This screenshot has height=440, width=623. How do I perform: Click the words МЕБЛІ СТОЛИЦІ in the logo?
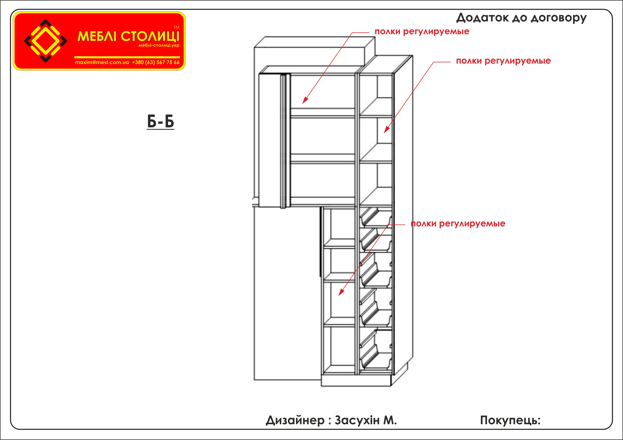(129, 36)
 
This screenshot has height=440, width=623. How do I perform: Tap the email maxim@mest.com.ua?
(102, 62)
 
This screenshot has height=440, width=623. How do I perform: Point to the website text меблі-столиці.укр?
(159, 45)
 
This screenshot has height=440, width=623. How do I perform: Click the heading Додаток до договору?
(521, 18)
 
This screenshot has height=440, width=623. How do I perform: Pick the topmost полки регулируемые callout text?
(422, 31)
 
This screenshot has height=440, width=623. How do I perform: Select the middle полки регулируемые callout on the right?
(503, 61)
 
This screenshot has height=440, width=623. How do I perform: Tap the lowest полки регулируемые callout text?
(458, 224)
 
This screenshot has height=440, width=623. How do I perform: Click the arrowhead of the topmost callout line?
(305, 100)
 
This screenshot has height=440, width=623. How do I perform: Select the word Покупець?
(510, 420)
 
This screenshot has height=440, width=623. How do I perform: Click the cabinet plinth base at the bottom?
(356, 380)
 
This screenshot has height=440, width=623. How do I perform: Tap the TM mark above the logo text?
(176, 27)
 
